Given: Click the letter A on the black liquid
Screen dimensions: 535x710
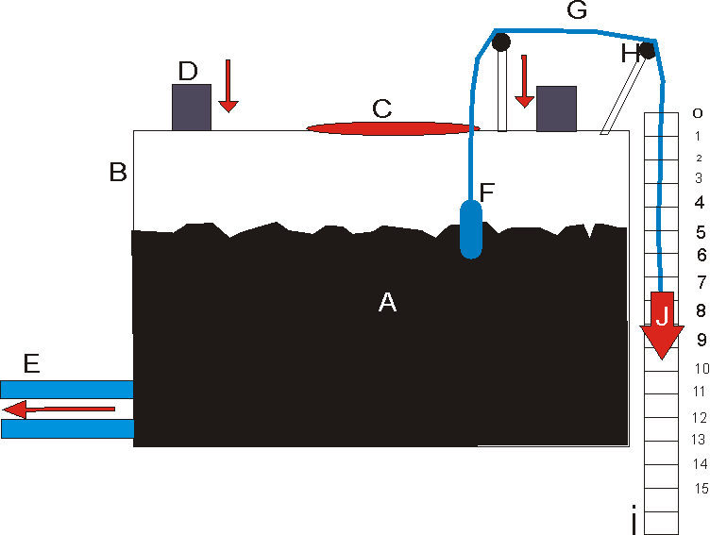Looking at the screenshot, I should pyautogui.click(x=387, y=302).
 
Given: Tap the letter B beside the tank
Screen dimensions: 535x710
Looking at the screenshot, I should pyautogui.click(x=118, y=173).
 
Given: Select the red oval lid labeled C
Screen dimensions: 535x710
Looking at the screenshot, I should pyautogui.click(x=393, y=128).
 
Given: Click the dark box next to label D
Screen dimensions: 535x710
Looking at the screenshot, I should pyautogui.click(x=191, y=107).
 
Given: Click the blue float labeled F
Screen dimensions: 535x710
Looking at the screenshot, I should pyautogui.click(x=472, y=228).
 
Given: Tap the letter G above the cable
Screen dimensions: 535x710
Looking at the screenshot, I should pyautogui.click(x=576, y=11).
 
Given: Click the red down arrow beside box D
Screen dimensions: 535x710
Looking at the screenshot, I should pyautogui.click(x=227, y=85).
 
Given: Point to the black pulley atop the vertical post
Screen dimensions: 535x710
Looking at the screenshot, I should pyautogui.click(x=501, y=42).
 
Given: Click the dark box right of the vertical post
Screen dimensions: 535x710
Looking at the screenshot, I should pyautogui.click(x=556, y=108).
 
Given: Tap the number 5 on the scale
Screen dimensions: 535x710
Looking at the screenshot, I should pyautogui.click(x=701, y=231).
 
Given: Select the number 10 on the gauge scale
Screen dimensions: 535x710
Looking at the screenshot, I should pyautogui.click(x=701, y=368).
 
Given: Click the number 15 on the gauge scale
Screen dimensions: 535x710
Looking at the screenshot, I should pyautogui.click(x=702, y=488).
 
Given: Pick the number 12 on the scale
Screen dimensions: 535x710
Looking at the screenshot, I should pyautogui.click(x=700, y=417).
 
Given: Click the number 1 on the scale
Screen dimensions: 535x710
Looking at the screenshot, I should pyautogui.click(x=697, y=136).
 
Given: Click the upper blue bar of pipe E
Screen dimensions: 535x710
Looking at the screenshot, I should pyautogui.click(x=66, y=389).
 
